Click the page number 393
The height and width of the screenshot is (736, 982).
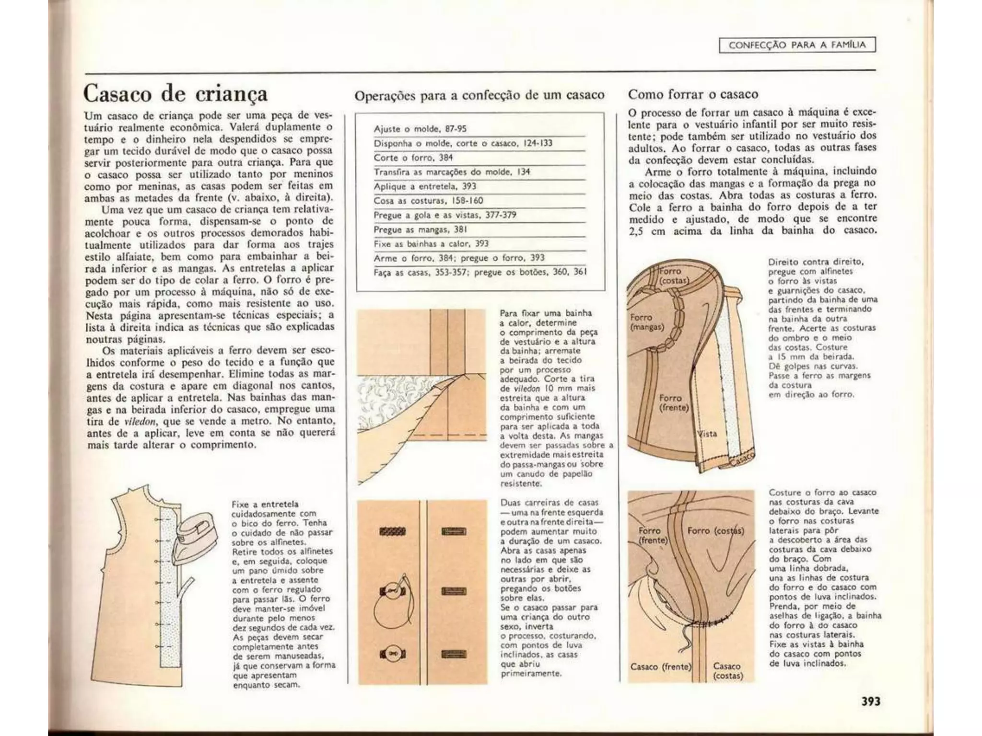pos(870,701)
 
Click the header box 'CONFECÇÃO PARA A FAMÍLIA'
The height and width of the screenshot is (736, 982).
pos(797,45)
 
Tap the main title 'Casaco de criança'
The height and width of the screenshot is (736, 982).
pos(175,93)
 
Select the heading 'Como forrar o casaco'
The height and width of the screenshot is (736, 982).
pos(693,94)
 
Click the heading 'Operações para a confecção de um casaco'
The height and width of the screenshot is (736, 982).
pos(479,95)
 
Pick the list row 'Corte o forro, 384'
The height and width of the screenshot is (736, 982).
pos(413,158)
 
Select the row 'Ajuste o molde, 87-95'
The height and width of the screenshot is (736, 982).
pos(420,129)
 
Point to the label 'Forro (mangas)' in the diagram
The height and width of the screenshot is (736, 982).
pos(646,322)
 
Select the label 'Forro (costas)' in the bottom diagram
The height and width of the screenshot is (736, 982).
pos(715,531)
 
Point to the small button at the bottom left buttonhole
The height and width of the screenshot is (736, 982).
pos(392,654)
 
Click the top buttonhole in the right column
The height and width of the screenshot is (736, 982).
pos(453,531)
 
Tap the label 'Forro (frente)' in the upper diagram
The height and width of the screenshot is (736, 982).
pos(673,402)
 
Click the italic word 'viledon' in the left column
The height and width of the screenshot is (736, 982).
pos(139,422)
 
